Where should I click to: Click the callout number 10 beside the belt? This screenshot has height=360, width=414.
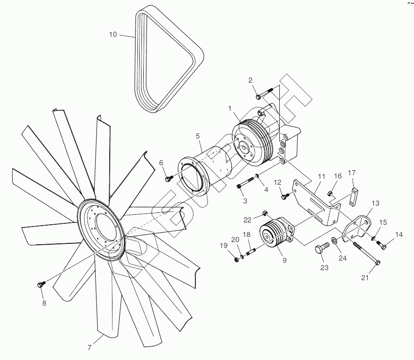pyautogui.click(x=113, y=34)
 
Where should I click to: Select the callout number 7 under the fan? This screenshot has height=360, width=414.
pyautogui.click(x=90, y=348)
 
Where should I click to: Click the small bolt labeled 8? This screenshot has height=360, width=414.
pyautogui.click(x=39, y=285)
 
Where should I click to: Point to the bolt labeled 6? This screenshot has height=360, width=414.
pyautogui.click(x=169, y=178)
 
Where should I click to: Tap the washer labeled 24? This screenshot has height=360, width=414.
pyautogui.click(x=334, y=240)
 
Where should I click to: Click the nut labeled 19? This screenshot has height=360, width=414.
pyautogui.click(x=237, y=259)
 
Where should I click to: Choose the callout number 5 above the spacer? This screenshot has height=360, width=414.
pyautogui.click(x=198, y=136)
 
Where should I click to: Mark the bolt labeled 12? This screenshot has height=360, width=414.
pyautogui.click(x=285, y=196)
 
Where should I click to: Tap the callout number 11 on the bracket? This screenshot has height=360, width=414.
pyautogui.click(x=321, y=176)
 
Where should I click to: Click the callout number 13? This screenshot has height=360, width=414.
pyautogui.click(x=375, y=203)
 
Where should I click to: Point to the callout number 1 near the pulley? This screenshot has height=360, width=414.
pyautogui.click(x=230, y=108)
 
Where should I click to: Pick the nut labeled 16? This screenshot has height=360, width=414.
pyautogui.click(x=331, y=194)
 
